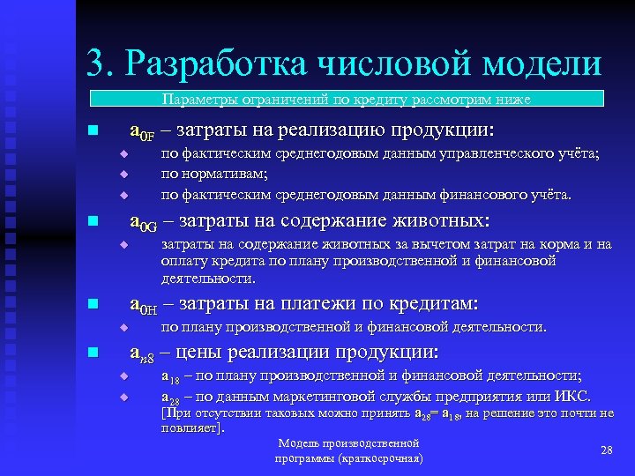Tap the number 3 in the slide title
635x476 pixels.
point(94,63)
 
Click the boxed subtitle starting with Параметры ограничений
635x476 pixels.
point(346,100)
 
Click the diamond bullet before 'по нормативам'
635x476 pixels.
point(124,174)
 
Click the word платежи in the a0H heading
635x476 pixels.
point(323,305)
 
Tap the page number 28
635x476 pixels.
point(606,450)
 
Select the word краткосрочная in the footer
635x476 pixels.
point(383,459)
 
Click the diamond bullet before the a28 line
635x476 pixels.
point(124,396)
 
